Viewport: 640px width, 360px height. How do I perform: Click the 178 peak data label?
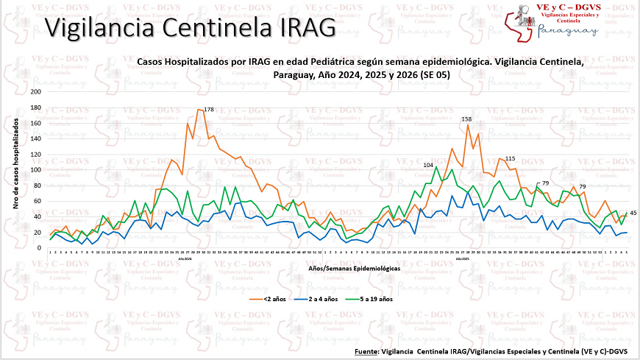tap(209, 110)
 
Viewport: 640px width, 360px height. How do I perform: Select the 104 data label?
tap(428, 165)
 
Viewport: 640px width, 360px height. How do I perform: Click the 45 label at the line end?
tap(633, 213)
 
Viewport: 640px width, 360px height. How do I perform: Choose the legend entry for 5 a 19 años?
tap(375, 300)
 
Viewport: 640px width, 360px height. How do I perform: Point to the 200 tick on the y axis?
tap(36, 92)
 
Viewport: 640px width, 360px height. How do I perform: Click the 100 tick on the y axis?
tap(36, 170)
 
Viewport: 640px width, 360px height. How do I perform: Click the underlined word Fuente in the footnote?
tap(366, 350)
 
